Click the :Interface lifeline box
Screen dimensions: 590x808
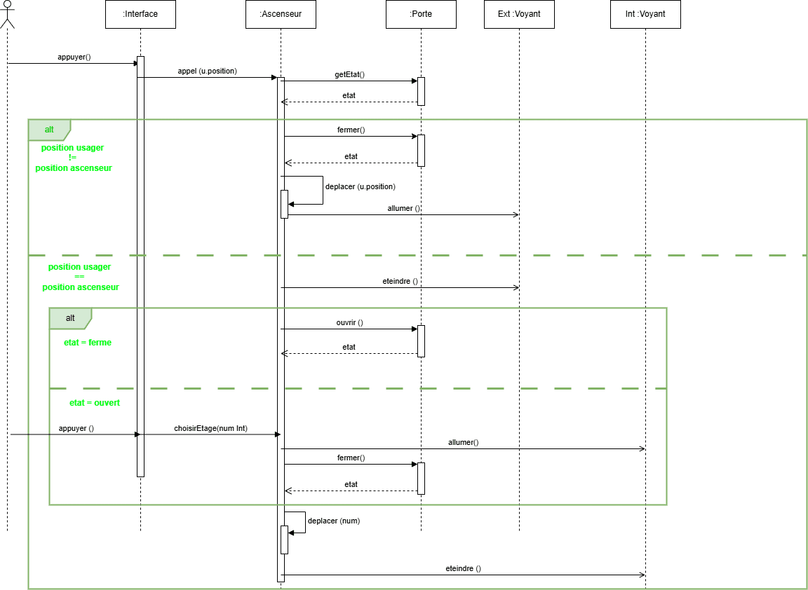[140, 14]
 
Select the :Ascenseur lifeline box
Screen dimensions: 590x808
[281, 14]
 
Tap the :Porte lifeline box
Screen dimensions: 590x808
[421, 14]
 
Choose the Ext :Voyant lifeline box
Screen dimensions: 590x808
[519, 14]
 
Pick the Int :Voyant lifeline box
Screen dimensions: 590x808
[645, 14]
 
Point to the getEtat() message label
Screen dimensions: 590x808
[350, 74]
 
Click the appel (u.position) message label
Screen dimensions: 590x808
[208, 71]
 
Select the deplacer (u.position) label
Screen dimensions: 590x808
[361, 187]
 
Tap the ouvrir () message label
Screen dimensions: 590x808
[350, 323]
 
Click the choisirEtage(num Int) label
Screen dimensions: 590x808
[210, 428]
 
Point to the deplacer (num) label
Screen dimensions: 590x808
[334, 521]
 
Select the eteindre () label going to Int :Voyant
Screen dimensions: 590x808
[463, 569]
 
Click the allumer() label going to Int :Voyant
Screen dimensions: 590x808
[463, 443]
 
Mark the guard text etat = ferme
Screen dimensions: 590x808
[88, 343]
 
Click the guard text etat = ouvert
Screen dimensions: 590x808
[95, 403]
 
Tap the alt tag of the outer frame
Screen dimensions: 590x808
[49, 130]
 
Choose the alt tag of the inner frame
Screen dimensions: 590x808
[70, 318]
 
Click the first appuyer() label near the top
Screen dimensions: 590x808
[74, 57]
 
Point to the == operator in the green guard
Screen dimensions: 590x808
[79, 277]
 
